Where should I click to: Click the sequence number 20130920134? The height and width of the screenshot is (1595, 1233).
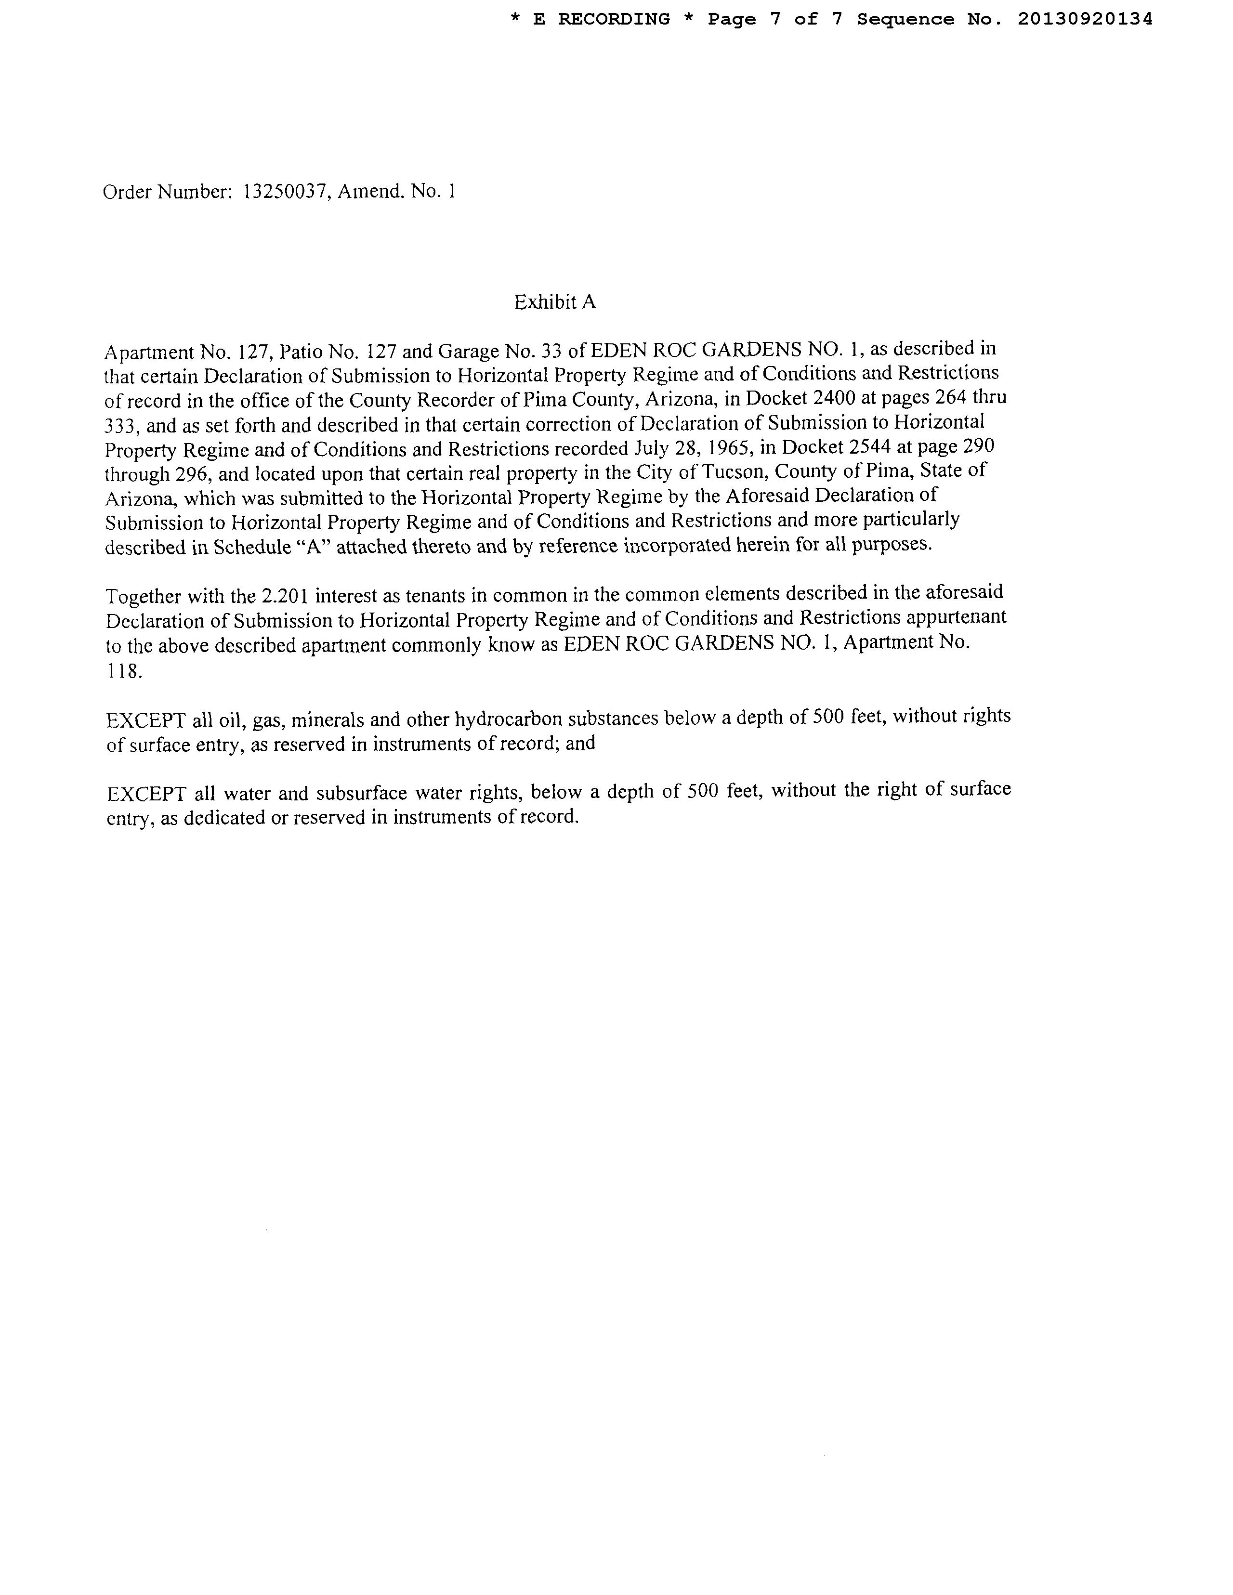pyautogui.click(x=1085, y=20)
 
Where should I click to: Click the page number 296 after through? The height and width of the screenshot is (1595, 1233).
pyautogui.click(x=194, y=475)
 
